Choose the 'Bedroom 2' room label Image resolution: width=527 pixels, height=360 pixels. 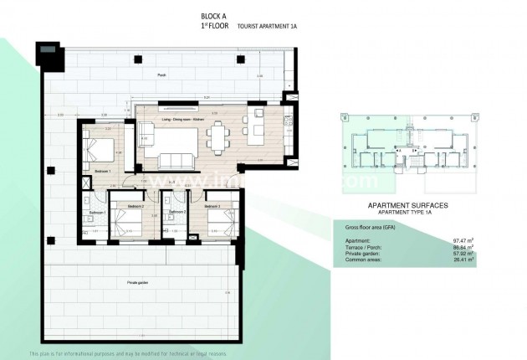point(136,205)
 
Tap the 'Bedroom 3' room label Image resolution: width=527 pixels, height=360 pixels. point(212,205)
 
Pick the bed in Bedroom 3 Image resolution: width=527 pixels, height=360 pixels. point(219,222)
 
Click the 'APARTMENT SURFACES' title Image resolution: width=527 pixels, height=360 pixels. point(408,205)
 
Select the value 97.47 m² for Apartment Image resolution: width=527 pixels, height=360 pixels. point(463,241)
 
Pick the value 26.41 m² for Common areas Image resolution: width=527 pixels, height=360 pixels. point(463,260)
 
